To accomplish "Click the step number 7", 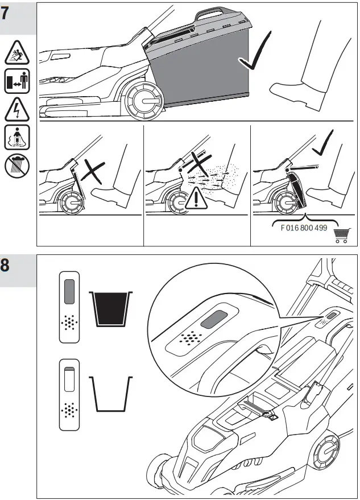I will (6, 13).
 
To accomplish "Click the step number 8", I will (6, 266).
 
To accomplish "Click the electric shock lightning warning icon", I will (15, 108).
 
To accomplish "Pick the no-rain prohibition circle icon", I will (15, 166).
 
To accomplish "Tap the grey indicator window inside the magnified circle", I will (213, 317).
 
